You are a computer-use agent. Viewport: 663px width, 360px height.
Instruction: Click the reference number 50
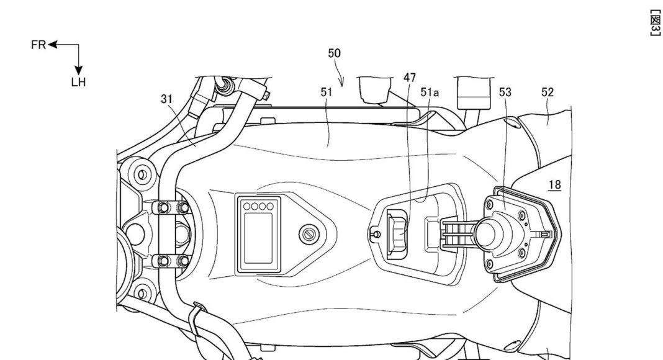point(334,53)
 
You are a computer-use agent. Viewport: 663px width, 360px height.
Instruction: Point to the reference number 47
point(409,78)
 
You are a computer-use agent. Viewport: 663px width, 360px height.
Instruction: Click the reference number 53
point(505,92)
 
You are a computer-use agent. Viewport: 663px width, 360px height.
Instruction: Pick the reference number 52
point(547,92)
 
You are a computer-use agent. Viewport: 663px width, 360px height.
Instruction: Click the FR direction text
point(38,45)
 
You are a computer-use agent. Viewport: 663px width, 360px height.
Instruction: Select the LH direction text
point(78,82)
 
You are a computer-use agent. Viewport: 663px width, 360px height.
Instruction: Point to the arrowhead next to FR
point(52,45)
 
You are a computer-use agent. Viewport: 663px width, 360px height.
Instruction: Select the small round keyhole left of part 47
point(374,234)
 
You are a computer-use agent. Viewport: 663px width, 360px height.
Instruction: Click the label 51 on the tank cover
point(327,92)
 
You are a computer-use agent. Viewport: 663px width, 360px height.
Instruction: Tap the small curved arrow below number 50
point(341,79)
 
